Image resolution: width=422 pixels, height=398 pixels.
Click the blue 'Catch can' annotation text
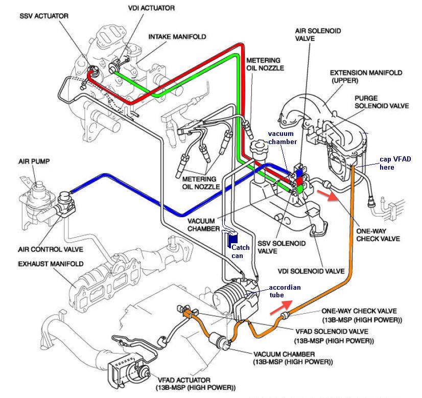point(241,251)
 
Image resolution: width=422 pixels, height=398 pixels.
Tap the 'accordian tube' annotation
point(284,291)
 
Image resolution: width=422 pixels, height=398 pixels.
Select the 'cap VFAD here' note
point(395,163)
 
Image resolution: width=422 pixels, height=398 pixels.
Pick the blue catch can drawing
point(232,238)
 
